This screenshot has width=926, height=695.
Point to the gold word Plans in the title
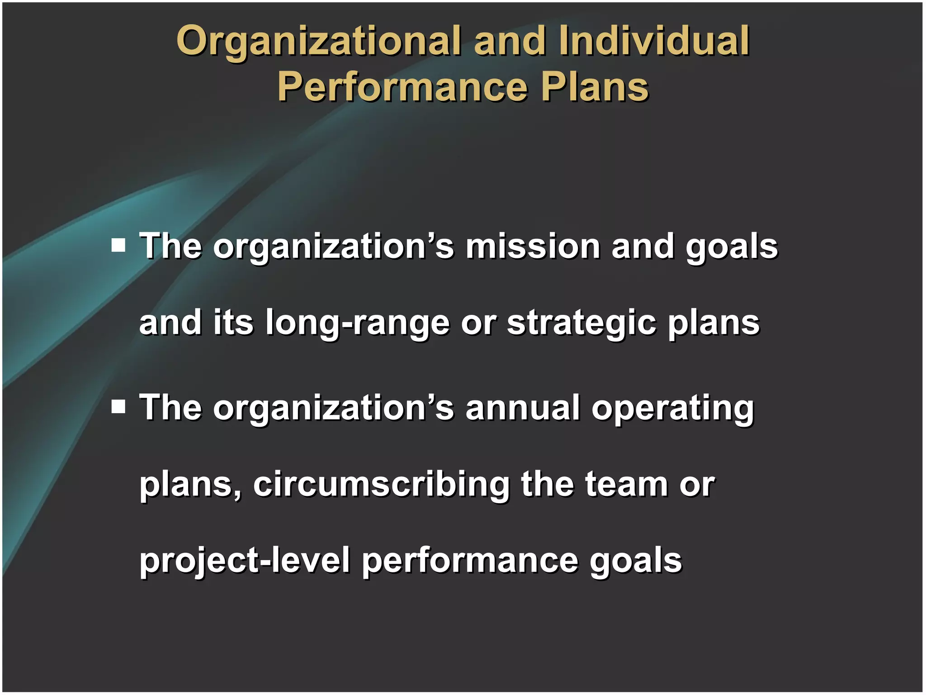tap(595, 87)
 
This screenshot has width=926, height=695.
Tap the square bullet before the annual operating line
tap(119, 406)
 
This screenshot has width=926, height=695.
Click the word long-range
tap(358, 323)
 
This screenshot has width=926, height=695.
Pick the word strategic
tap(581, 323)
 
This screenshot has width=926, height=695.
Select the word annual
tap(523, 408)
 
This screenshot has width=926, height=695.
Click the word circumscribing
tap(381, 485)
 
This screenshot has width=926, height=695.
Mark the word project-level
tap(245, 561)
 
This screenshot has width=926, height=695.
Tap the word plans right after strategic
tap(714, 323)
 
